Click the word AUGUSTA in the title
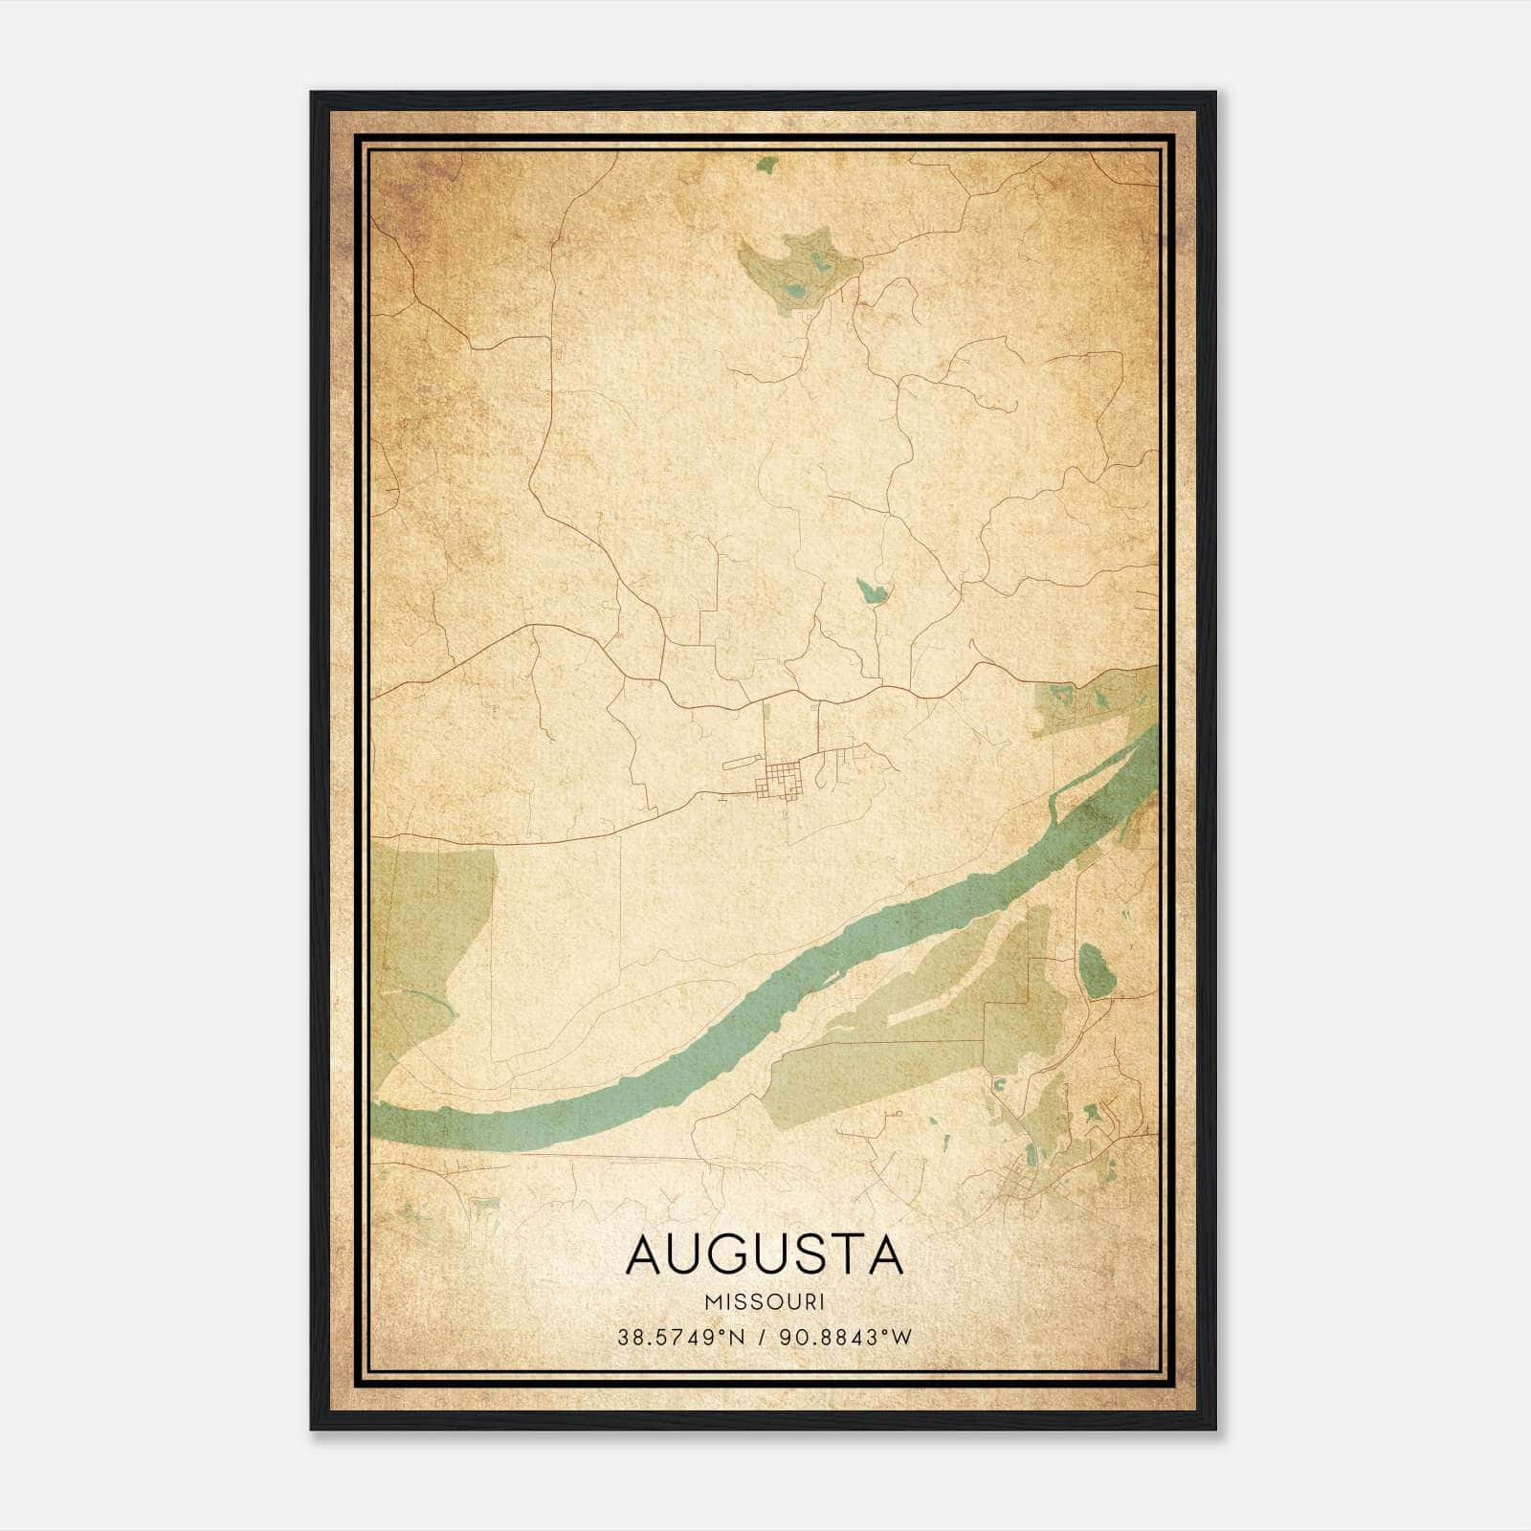[765, 1254]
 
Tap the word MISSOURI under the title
[765, 1302]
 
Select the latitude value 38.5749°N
[680, 1338]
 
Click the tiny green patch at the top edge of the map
[765, 165]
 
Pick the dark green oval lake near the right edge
[1093, 968]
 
